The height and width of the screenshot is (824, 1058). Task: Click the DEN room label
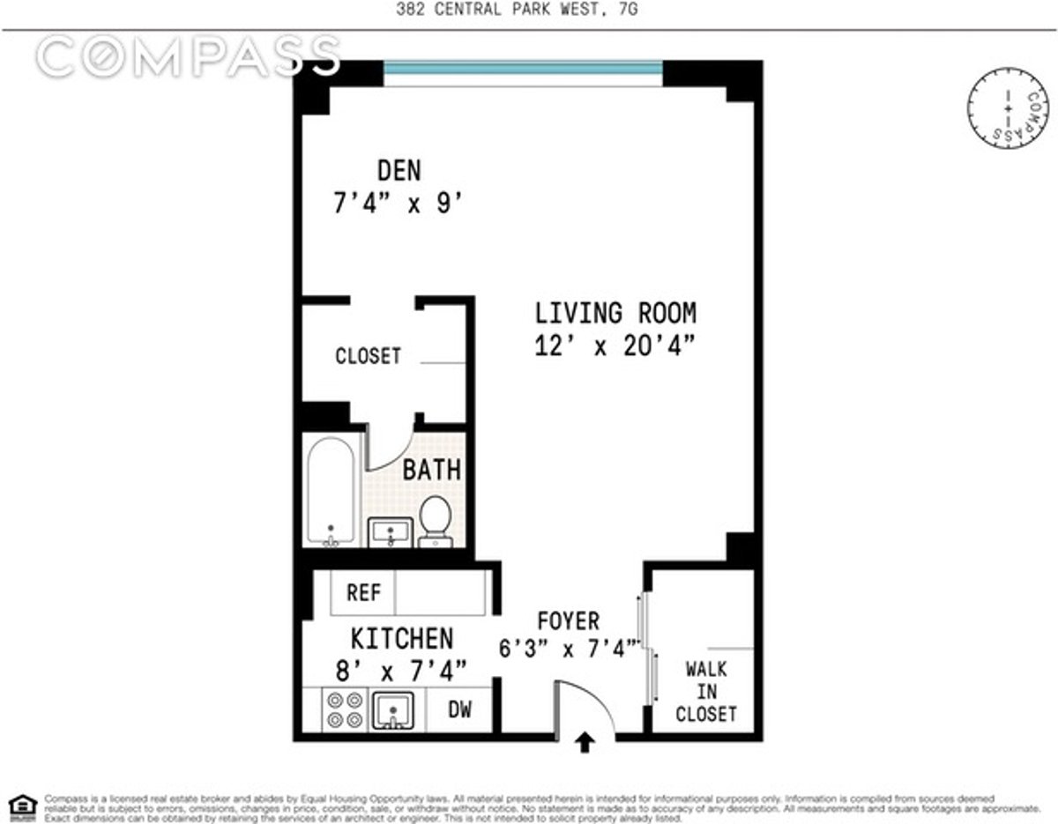tap(399, 169)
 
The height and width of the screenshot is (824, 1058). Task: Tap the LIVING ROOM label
tap(615, 313)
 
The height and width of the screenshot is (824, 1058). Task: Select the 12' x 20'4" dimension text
tap(615, 346)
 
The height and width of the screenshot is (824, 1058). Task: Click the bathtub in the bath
tap(332, 492)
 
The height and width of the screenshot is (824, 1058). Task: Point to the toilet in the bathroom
tap(435, 520)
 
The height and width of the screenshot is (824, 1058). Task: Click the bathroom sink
tap(389, 532)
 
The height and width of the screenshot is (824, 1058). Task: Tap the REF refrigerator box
tap(363, 593)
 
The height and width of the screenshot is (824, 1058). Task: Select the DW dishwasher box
tap(459, 710)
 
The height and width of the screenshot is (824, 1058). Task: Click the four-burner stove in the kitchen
tap(345, 709)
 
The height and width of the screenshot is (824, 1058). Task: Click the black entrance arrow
tap(585, 744)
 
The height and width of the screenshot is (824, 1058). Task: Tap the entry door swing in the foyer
tap(582, 705)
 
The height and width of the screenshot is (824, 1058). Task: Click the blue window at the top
tap(523, 69)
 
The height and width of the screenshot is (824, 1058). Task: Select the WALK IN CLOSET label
tap(705, 692)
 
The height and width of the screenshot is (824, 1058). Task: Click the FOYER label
tap(568, 620)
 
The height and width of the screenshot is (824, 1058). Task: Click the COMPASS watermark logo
tap(187, 56)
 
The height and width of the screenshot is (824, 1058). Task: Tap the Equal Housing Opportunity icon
tap(22, 804)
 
